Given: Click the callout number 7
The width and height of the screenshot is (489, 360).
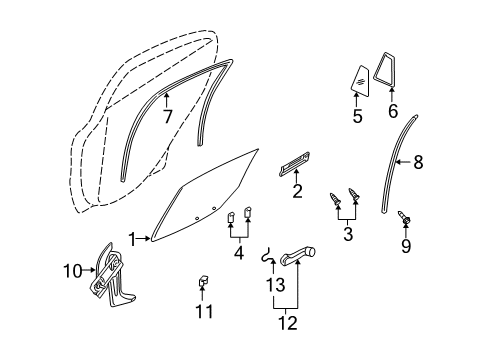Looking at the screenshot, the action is point(168,116).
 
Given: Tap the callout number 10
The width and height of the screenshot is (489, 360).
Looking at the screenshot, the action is point(73,271).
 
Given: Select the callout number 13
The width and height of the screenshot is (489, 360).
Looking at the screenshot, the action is point(275,285).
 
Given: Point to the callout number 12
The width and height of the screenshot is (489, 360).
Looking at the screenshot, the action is point(287,323).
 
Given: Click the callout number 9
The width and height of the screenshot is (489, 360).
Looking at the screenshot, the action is point(406,246).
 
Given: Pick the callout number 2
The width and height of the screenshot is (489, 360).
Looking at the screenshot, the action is point(297,191).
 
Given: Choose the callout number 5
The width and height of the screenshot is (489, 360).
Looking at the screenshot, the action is point(357,116).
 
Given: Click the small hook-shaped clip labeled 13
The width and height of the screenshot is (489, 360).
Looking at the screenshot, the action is point(267,256).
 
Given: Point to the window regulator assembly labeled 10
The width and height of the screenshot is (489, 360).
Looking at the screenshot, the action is point(111,275).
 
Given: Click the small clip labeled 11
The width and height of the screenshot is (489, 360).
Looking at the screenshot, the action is point(203,281).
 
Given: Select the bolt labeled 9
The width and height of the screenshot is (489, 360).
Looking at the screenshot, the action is point(404,217).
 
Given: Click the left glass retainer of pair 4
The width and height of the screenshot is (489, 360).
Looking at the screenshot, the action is point(230,217).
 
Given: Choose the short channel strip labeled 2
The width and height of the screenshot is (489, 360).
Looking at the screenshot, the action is point(294,164).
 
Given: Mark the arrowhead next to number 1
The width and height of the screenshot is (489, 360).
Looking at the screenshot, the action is point(148,238).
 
